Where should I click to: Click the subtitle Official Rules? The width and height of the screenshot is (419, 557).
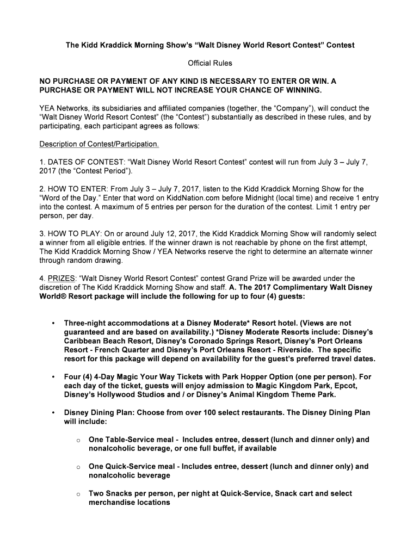(209, 64)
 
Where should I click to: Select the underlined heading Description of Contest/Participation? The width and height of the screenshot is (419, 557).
(100, 144)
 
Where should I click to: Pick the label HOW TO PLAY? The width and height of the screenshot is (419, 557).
(72, 234)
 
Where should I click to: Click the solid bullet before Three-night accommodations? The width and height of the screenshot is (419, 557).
(53, 323)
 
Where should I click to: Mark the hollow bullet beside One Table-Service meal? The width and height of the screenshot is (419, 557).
(79, 440)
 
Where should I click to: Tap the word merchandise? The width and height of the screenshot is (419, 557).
(115, 502)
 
